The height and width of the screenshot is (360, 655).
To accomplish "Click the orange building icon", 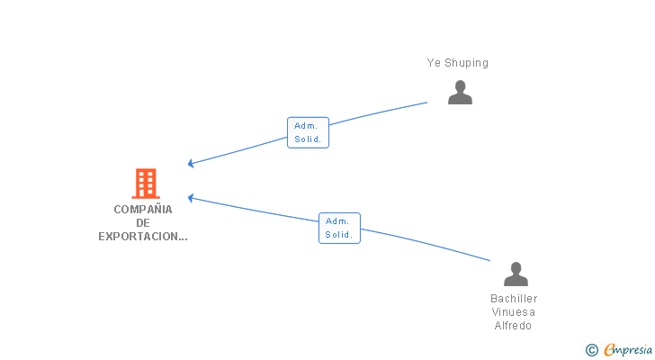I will point(145,184).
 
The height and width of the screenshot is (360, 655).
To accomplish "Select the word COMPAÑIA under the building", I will point(143,209).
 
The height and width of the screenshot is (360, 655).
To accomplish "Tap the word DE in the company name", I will point(143,223).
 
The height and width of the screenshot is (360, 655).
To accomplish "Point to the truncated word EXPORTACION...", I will point(143,238).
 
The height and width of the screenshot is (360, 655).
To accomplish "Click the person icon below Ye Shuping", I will point(460,93).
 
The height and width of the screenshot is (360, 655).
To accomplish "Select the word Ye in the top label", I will point(433,63).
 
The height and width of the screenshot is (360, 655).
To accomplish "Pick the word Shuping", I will point(467,63).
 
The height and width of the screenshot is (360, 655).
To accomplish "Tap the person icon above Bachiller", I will point(516,274).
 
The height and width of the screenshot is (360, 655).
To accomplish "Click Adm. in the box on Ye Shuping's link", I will point(306,126).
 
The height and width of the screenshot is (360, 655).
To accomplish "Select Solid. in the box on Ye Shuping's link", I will point(308,139).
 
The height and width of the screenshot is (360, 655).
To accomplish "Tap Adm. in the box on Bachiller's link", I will point(337,220).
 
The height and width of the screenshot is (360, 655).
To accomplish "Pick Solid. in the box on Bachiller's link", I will point(339,234).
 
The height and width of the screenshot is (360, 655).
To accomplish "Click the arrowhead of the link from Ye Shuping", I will point(191,163).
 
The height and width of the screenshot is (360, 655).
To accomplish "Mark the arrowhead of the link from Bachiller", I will point(191,197).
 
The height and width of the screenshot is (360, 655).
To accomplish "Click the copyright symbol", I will point(591,350).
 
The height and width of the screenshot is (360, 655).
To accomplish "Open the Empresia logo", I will point(627,349).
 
